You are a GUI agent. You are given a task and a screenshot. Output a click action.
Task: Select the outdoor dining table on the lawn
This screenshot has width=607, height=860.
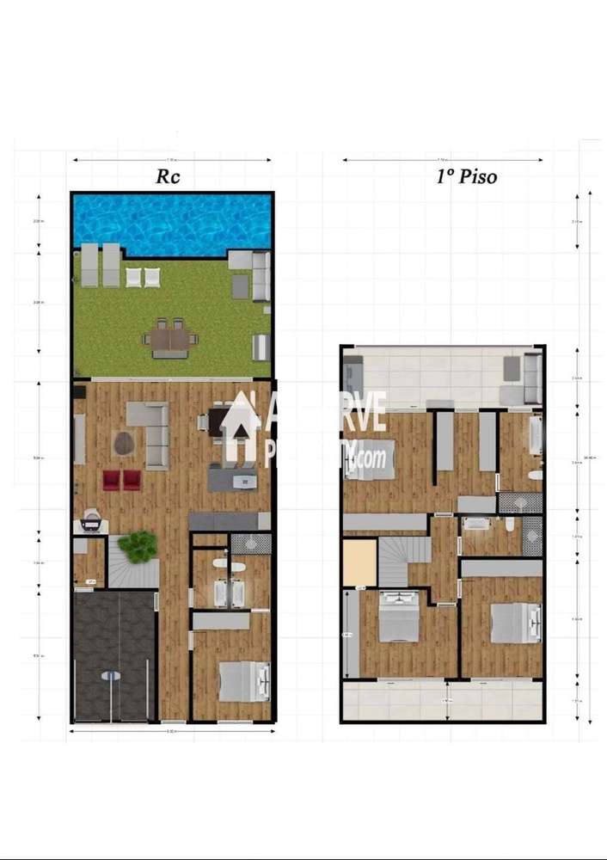tap(170, 339)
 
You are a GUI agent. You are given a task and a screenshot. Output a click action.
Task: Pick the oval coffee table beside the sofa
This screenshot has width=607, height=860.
tap(124, 443)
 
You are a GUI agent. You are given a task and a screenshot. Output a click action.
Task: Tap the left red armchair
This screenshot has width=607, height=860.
tap(112, 480)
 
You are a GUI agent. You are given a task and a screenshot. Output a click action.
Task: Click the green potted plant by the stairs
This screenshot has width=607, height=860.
tap(138, 545)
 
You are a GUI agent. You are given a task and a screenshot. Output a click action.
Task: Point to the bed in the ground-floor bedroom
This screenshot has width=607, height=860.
tap(245, 681)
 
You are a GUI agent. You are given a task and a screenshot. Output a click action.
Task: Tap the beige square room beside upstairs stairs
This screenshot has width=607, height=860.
tap(359, 562)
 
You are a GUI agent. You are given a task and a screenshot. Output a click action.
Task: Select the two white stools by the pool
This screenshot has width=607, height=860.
tap(143, 277)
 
